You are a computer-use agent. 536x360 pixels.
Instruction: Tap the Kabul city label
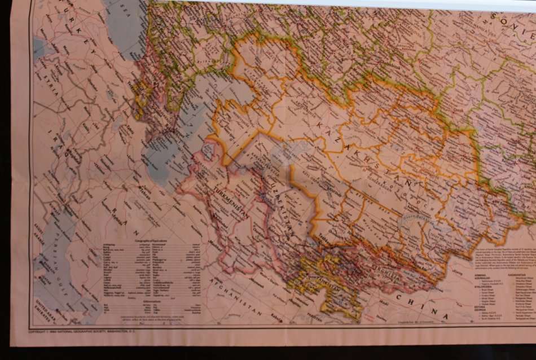pos(276,315)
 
